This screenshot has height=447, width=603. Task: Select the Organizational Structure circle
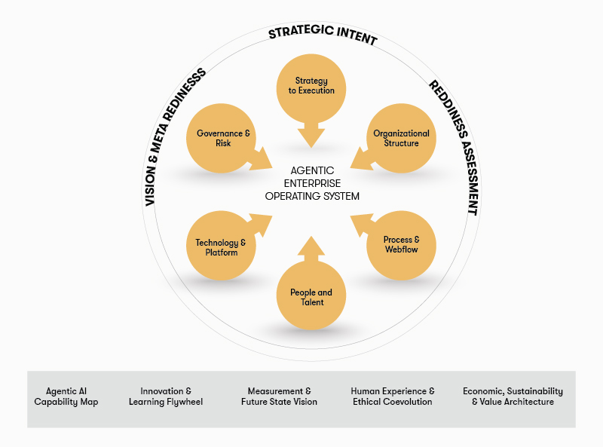[x=401, y=138]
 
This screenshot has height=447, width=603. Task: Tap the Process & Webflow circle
[x=401, y=244]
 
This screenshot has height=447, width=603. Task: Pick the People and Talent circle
[x=311, y=297]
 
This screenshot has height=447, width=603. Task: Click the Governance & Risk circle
[x=221, y=138]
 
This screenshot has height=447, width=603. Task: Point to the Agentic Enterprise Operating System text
[x=311, y=183]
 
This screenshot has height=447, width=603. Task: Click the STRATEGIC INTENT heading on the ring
[x=323, y=35]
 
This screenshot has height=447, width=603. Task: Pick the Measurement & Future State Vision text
[x=279, y=396]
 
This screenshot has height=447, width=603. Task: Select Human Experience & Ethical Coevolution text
[x=393, y=396]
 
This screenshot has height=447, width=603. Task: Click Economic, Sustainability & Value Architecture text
[x=513, y=396]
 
